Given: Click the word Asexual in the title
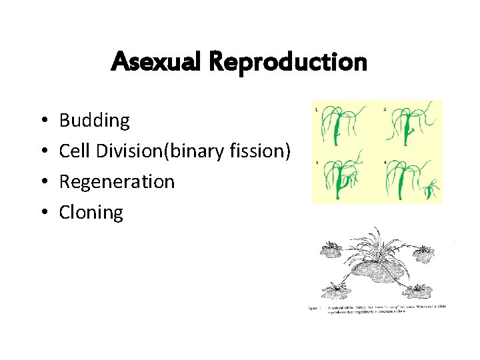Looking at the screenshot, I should pos(157,62).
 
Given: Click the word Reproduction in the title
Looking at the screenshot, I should pos(287,62).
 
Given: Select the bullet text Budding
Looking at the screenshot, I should pos(94,121).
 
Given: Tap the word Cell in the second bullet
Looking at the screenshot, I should pos(75,151).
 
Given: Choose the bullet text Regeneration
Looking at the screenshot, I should pos(117,182).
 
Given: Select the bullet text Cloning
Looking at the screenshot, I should pos(91,213).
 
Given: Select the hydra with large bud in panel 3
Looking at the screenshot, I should pos(341,179).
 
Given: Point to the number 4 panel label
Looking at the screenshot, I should pos(386,163).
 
